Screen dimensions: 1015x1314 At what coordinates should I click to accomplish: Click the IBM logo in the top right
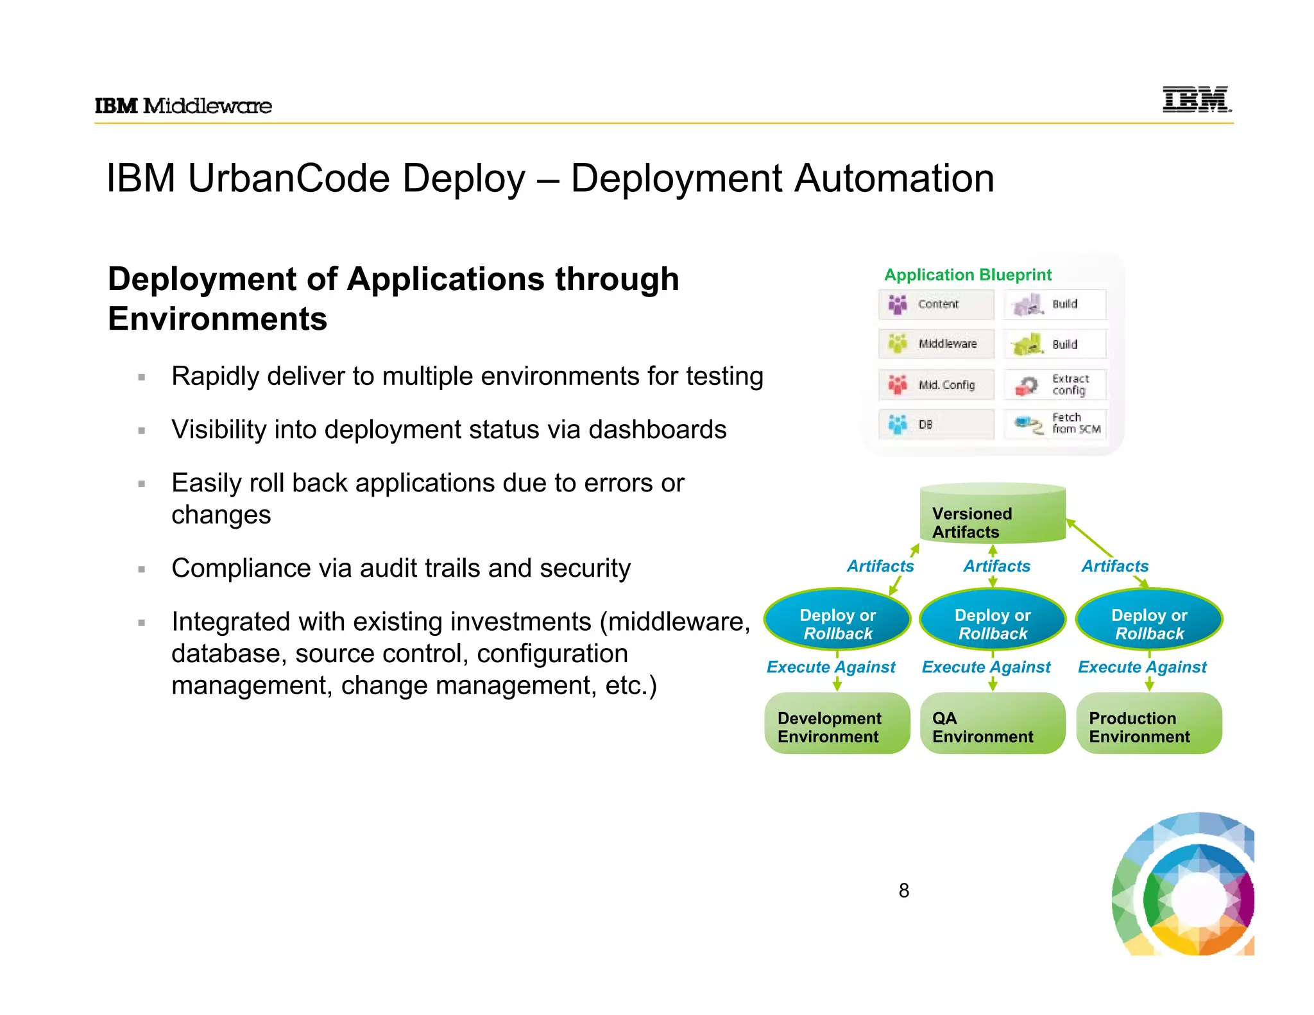[1197, 99]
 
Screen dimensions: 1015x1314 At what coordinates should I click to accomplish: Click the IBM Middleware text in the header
[183, 106]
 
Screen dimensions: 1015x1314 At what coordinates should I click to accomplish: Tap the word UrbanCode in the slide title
[288, 178]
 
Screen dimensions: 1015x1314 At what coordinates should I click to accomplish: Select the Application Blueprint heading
[968, 275]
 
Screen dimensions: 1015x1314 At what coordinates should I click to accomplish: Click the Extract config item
[1055, 385]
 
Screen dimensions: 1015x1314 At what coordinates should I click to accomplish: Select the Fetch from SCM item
[1055, 424]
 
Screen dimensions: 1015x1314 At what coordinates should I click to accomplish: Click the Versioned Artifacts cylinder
[992, 516]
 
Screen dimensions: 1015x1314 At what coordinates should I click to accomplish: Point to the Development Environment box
[837, 724]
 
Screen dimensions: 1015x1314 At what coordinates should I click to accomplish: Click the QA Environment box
[992, 724]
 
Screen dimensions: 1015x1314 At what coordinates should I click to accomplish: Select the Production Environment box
[1148, 724]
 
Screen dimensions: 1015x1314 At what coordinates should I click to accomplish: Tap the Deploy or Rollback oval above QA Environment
[992, 620]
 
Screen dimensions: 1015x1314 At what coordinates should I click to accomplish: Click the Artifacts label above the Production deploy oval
[1114, 567]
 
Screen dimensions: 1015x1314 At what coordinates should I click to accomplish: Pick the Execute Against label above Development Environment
[831, 667]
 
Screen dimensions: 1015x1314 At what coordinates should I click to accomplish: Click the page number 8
[903, 891]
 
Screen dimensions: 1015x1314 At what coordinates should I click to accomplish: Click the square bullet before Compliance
[142, 569]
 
